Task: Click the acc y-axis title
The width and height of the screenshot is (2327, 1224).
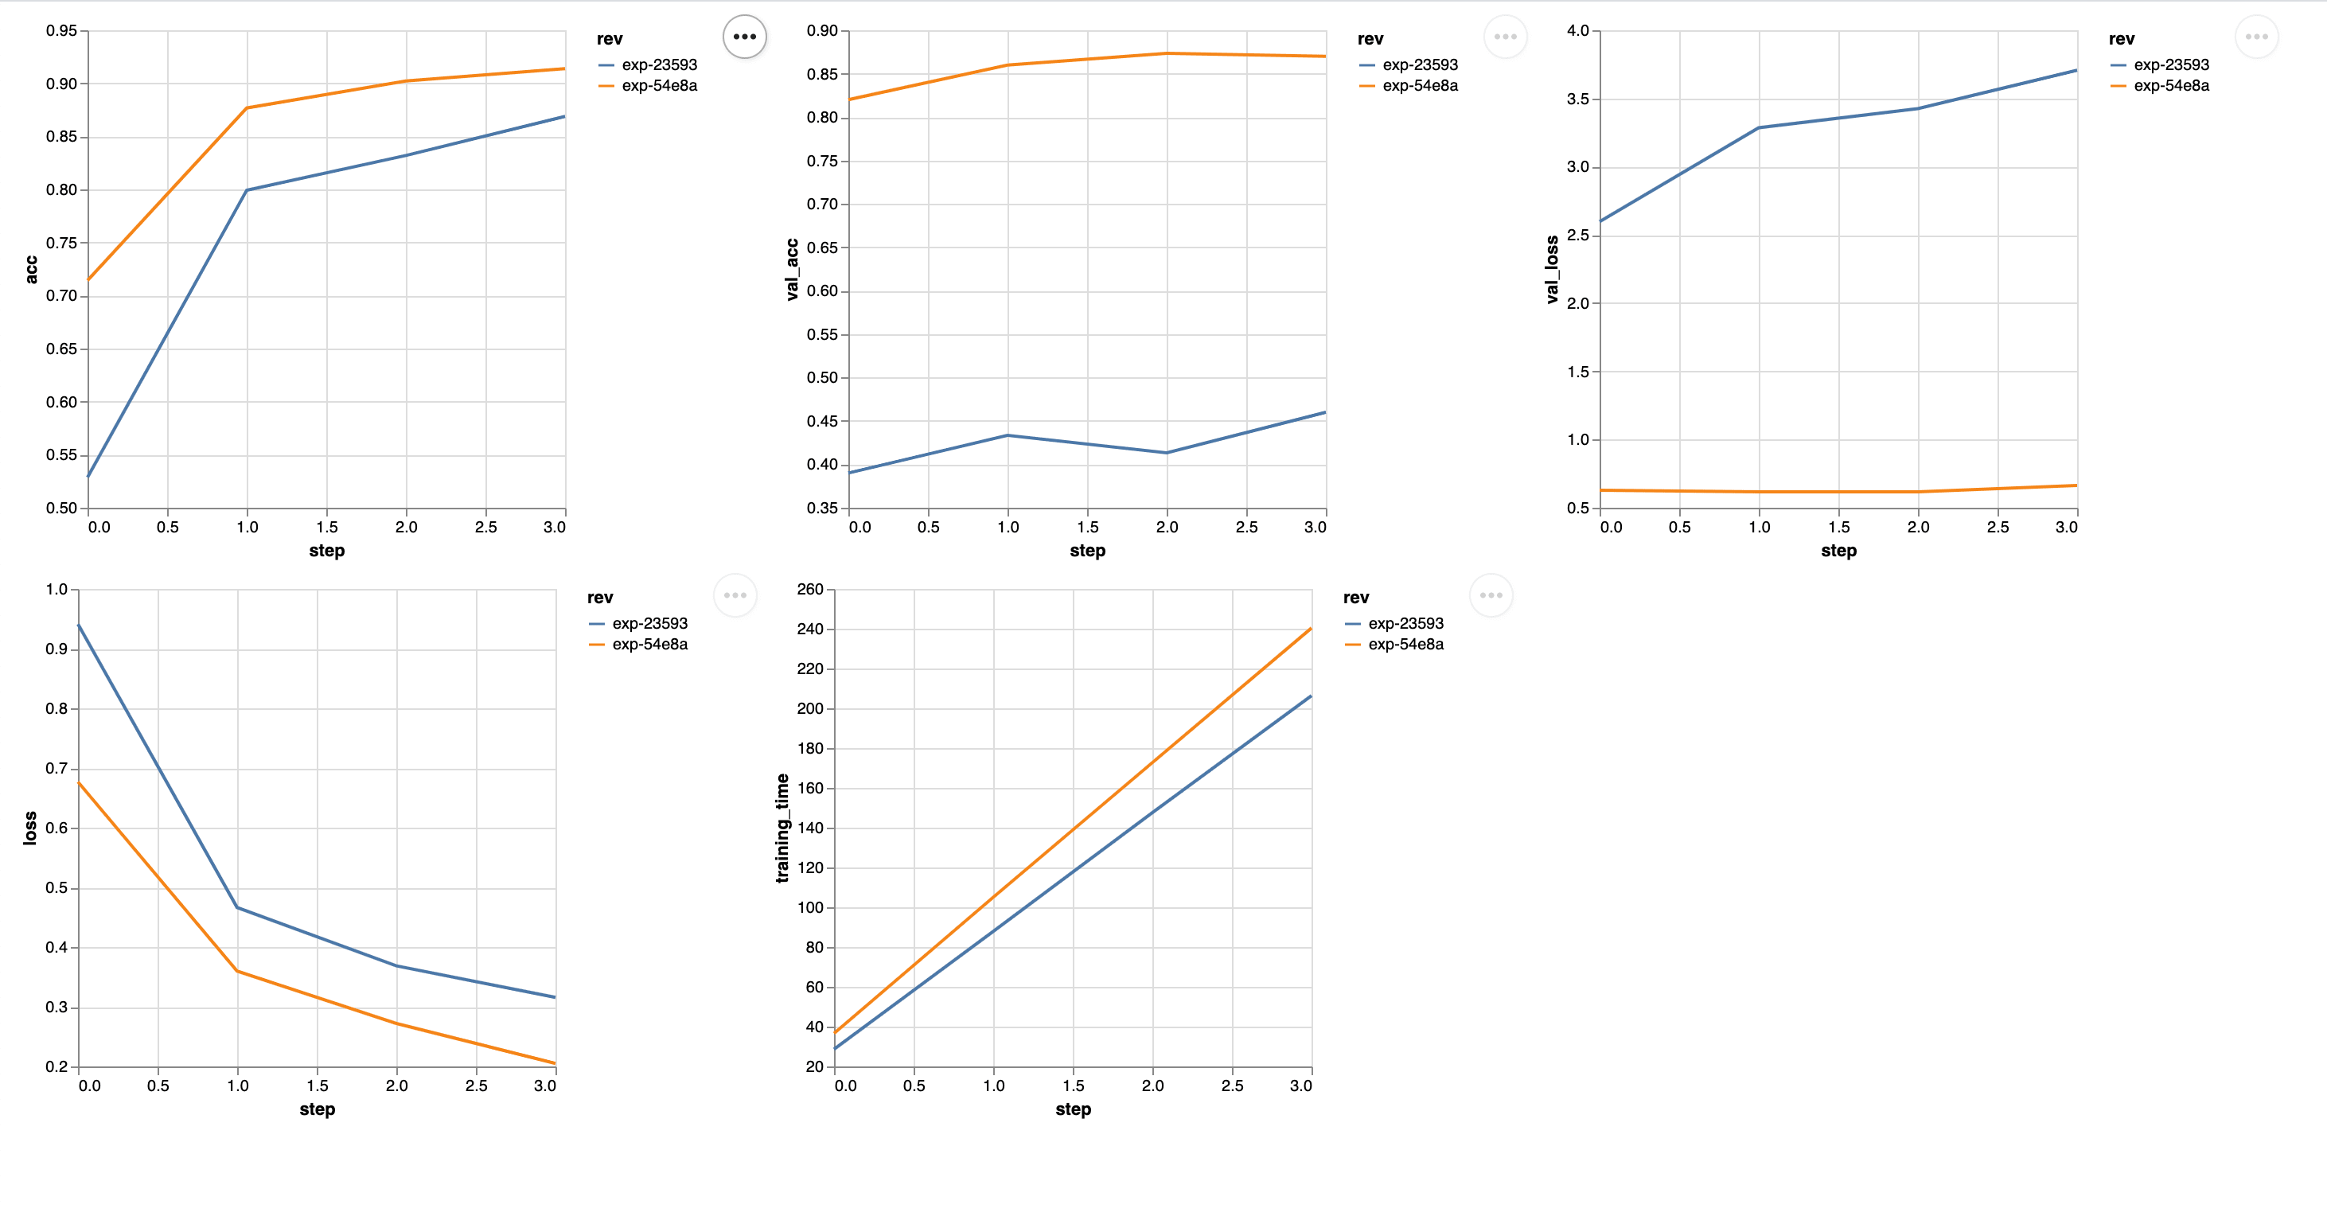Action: [x=32, y=269]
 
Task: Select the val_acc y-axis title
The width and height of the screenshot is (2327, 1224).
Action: [x=792, y=269]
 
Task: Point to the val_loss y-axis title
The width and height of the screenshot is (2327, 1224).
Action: [x=1552, y=269]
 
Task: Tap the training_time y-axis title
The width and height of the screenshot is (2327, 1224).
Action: [x=782, y=828]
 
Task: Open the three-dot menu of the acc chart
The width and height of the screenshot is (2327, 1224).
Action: [x=744, y=37]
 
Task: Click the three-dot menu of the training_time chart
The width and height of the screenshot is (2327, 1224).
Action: [x=1491, y=595]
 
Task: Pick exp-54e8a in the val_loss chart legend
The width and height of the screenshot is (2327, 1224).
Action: [x=2171, y=86]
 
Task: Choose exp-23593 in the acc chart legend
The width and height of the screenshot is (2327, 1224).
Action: [x=658, y=65]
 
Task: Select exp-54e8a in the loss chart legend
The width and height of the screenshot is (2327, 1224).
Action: [x=649, y=644]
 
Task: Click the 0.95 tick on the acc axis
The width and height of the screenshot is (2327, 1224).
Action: [x=61, y=31]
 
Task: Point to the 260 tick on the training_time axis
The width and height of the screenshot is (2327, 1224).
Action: [x=809, y=589]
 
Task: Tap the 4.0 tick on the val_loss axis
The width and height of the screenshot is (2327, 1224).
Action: [x=1577, y=31]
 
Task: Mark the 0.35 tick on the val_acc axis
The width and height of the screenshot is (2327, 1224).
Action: [x=822, y=508]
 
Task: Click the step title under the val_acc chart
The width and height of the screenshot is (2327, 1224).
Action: [x=1088, y=550]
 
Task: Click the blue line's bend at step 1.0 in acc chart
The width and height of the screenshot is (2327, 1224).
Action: [x=247, y=189]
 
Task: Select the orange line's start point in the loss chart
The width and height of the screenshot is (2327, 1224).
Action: [x=80, y=783]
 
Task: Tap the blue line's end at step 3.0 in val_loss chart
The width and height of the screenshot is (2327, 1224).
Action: [x=2076, y=71]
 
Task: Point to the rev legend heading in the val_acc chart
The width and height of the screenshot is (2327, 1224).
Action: [x=1370, y=39]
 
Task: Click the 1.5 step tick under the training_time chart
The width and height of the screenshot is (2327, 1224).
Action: [x=1073, y=1085]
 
